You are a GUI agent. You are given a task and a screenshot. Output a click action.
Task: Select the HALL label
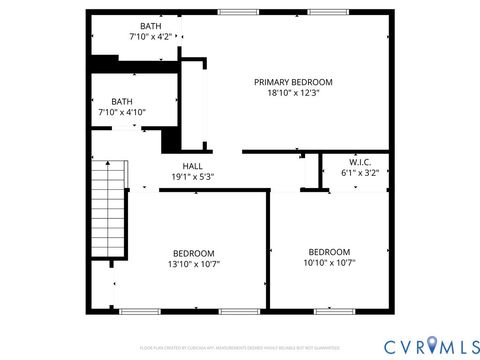(192, 166)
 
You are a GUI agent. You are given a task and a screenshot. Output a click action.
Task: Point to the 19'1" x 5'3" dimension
(192, 177)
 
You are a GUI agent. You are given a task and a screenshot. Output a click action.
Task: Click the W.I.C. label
(360, 161)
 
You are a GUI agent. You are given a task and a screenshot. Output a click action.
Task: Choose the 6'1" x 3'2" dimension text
(360, 172)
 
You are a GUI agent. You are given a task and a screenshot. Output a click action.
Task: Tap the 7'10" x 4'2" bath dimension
(150, 37)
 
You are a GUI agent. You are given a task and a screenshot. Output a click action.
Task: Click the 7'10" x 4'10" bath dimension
(122, 112)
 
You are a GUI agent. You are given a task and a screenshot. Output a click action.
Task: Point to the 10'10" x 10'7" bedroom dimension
(329, 262)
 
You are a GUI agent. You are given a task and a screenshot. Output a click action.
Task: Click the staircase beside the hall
(109, 210)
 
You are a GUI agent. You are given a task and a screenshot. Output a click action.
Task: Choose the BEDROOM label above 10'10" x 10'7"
(329, 251)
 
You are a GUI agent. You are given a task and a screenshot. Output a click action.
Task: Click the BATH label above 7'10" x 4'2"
(150, 26)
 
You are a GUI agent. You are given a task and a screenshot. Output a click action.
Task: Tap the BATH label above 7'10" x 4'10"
(122, 101)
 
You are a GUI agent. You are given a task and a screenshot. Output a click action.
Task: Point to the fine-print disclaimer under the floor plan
(240, 347)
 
